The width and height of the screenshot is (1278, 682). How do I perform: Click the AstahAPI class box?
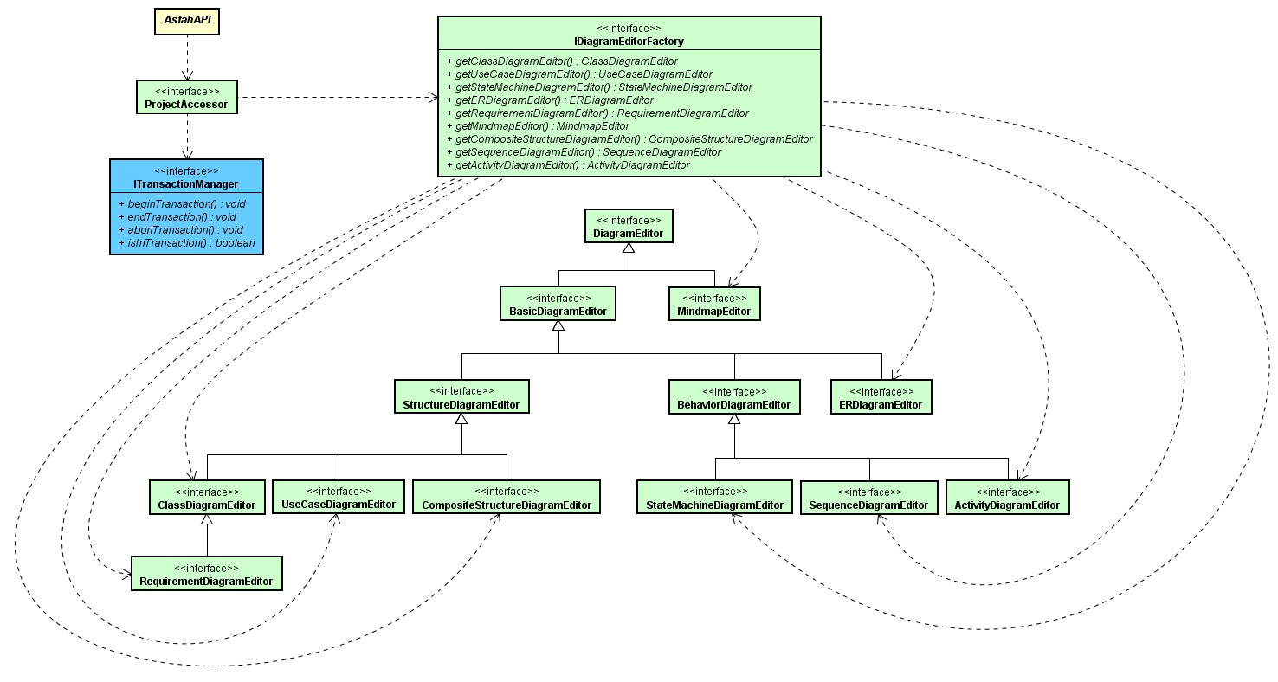[x=187, y=20]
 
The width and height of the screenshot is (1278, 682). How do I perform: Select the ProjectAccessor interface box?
[x=187, y=97]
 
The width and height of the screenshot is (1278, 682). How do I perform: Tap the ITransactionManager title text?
[x=186, y=184]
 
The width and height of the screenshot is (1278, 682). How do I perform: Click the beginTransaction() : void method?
[x=182, y=204]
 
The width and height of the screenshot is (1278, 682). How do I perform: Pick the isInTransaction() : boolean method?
[x=186, y=243]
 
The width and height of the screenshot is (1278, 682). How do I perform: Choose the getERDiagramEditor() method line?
[x=550, y=100]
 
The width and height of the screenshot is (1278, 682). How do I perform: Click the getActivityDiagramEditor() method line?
[x=568, y=165]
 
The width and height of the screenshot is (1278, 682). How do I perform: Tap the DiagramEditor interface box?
[x=629, y=226]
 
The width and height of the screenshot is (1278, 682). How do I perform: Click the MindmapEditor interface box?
[x=714, y=304]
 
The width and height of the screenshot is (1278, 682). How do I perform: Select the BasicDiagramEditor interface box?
[x=558, y=304]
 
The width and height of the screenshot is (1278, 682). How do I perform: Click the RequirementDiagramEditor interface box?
[x=206, y=574]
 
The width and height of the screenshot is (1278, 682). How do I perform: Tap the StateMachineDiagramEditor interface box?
[x=714, y=498]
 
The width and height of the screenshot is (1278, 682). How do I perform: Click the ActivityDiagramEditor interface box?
[x=1007, y=498]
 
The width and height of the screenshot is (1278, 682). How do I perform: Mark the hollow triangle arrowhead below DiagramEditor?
[x=629, y=248]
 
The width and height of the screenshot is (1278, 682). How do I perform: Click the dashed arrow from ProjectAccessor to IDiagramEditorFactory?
[x=338, y=97]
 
